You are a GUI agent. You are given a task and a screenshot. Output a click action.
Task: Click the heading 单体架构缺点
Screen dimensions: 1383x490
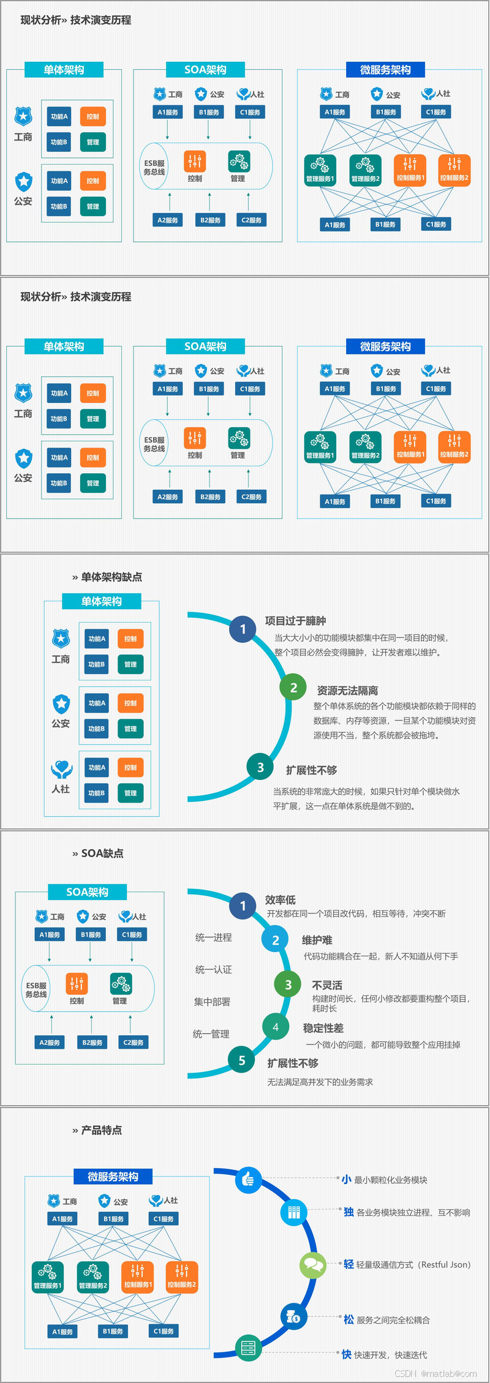[111, 577]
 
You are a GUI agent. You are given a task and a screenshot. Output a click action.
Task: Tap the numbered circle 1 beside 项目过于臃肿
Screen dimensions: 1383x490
[243, 629]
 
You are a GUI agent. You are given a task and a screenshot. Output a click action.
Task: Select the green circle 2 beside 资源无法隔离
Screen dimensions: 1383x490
[293, 688]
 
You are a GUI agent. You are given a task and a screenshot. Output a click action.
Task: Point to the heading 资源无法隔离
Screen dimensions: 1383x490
[347, 691]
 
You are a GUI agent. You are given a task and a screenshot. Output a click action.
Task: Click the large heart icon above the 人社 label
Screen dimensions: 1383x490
[61, 769]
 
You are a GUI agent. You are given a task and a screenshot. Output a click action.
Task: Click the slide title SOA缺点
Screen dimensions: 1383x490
[102, 853]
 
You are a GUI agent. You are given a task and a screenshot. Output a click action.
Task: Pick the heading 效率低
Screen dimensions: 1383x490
[281, 899]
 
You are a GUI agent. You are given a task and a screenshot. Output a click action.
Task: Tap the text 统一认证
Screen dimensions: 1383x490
[213, 969]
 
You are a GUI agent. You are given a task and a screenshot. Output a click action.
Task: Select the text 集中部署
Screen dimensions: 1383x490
[212, 1002]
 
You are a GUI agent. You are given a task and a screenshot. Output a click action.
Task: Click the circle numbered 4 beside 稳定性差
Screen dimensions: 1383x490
[276, 1027]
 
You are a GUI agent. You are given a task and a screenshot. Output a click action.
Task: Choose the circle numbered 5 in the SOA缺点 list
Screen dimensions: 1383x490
[242, 1060]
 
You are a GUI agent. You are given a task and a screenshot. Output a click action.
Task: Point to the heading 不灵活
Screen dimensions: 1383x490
[327, 985]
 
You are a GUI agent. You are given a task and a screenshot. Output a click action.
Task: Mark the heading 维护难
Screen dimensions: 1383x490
[317, 940]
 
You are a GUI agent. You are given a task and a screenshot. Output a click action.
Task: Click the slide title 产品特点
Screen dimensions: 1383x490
[101, 1130]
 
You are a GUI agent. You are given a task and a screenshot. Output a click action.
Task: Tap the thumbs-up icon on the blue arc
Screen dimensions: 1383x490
[248, 1179]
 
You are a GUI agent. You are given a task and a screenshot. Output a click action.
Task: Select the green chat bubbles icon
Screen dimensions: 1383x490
[313, 1264]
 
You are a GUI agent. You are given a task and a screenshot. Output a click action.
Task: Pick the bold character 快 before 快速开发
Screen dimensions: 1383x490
[346, 1354]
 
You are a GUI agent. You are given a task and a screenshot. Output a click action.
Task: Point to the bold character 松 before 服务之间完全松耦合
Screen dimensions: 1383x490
[349, 1319]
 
